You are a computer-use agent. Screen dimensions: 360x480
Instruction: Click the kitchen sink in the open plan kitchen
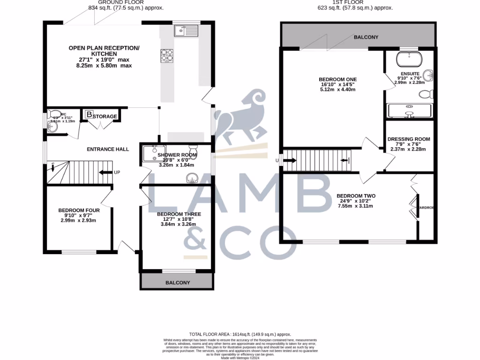(x=187, y=31)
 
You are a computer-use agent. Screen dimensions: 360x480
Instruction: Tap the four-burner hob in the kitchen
(x=167, y=56)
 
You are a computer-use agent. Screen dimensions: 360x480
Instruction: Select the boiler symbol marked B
(x=89, y=114)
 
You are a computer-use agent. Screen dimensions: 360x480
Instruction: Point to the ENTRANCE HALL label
(x=108, y=150)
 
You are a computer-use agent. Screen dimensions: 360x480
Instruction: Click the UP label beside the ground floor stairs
(x=117, y=172)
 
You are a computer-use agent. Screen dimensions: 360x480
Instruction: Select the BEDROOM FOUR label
(x=79, y=210)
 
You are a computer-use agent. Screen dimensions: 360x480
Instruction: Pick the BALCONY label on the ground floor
(x=177, y=283)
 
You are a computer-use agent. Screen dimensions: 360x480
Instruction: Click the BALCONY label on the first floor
(x=366, y=37)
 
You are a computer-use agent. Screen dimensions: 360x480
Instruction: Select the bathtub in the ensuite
(x=408, y=60)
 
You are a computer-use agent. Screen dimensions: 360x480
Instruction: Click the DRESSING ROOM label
(x=408, y=139)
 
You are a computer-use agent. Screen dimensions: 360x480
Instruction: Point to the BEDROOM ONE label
(x=337, y=79)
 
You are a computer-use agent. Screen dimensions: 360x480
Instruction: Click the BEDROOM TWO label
(x=356, y=196)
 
